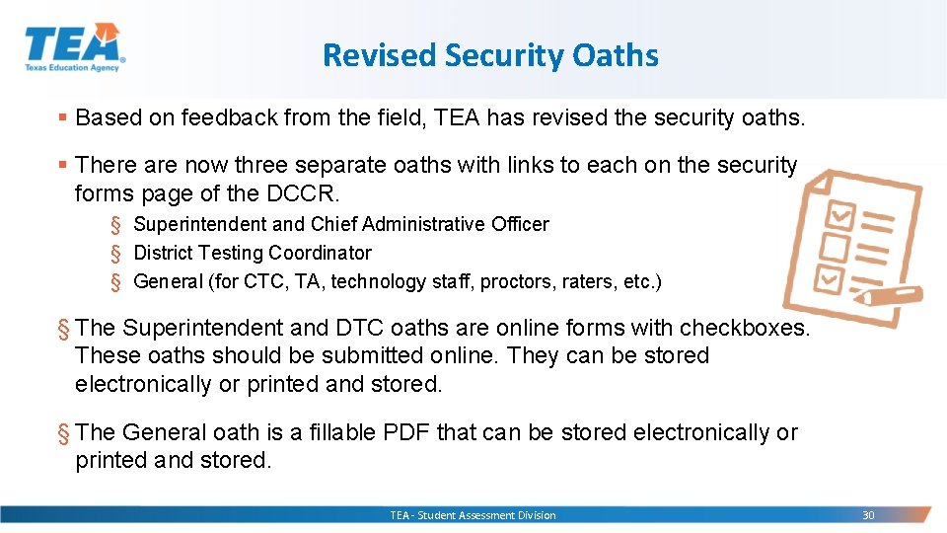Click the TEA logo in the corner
pyautogui.click(x=74, y=47)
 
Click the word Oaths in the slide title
pyautogui.click(x=614, y=55)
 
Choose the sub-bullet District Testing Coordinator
pyautogui.click(x=253, y=254)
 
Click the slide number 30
pyautogui.click(x=868, y=515)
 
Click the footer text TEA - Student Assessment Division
pyautogui.click(x=473, y=515)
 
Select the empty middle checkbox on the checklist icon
pyautogui.click(x=836, y=245)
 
